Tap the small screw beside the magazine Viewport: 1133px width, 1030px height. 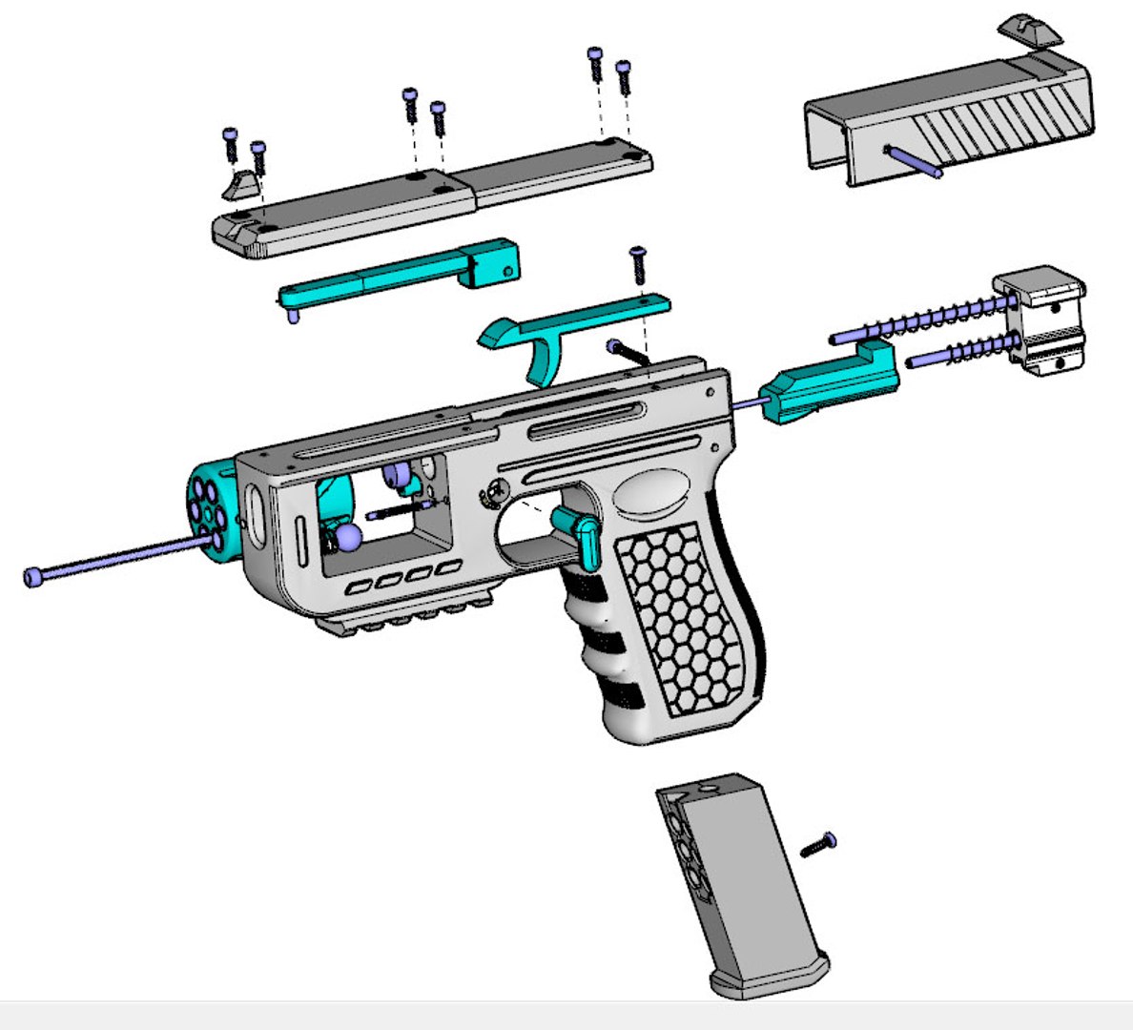coord(817,845)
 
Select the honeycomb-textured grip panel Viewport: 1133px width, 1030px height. coord(682,625)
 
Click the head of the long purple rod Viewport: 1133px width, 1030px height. coord(34,577)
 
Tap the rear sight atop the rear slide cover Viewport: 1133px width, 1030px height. coord(1030,30)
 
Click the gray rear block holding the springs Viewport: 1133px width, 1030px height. coord(1044,319)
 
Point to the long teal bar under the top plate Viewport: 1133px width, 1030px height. coord(401,277)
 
